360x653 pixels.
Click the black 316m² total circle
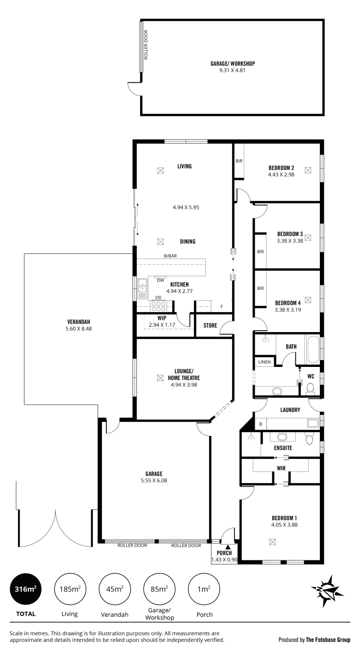[x=25, y=589]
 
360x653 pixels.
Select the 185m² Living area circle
[x=70, y=589]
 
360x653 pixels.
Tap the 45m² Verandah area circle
[x=114, y=589]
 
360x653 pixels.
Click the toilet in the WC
[x=310, y=389]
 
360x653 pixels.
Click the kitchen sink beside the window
[x=142, y=289]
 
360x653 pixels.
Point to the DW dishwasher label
[x=160, y=280]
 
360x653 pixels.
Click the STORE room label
[x=210, y=325]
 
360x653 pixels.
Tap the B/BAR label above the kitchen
[x=170, y=256]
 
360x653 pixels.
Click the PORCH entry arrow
[x=227, y=547]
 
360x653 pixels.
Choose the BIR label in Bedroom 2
[x=239, y=161]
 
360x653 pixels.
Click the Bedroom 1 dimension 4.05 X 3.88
[x=285, y=525]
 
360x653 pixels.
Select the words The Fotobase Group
[x=328, y=640]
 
